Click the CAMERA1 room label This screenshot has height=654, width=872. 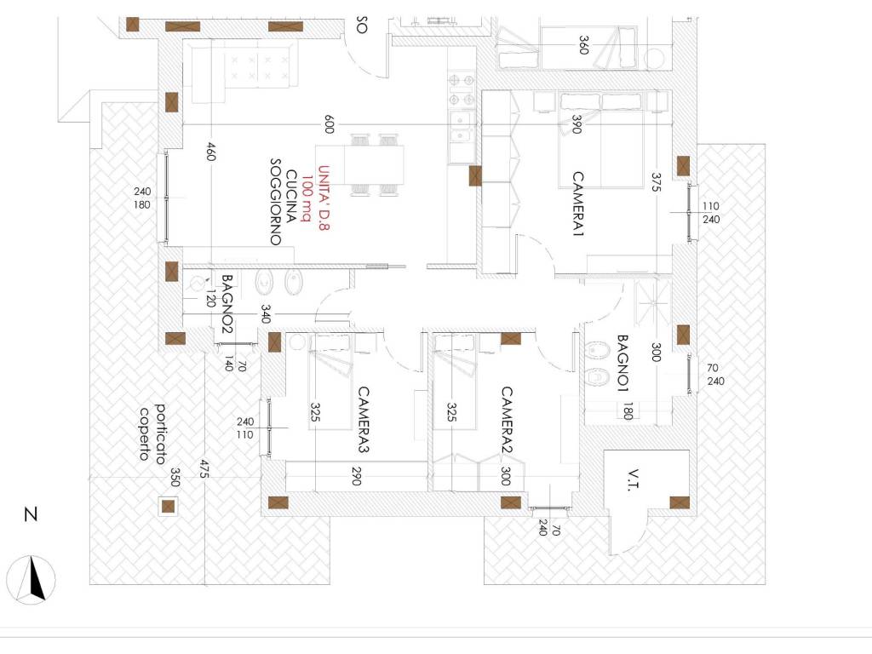pyautogui.click(x=578, y=204)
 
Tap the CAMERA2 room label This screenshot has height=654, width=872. pyautogui.click(x=507, y=421)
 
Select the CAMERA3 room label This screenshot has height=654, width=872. pyautogui.click(x=363, y=420)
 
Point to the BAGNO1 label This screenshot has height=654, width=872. pyautogui.click(x=622, y=364)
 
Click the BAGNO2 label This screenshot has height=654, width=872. pyautogui.click(x=227, y=304)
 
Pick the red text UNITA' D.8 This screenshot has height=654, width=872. pyautogui.click(x=324, y=198)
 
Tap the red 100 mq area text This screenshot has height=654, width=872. pyautogui.click(x=307, y=198)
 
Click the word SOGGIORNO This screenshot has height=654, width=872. pyautogui.click(x=276, y=202)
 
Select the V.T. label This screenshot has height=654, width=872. pyautogui.click(x=633, y=480)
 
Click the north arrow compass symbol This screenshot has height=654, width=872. pyautogui.click(x=32, y=579)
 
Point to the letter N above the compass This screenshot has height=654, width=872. pyautogui.click(x=32, y=513)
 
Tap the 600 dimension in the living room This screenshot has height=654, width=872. pyautogui.click(x=330, y=124)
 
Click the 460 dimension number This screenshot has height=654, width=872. pyautogui.click(x=210, y=152)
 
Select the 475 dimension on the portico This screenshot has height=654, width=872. pyautogui.click(x=204, y=469)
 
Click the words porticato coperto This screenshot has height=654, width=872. pyautogui.click(x=152, y=433)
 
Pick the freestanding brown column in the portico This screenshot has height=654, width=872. pyautogui.click(x=168, y=506)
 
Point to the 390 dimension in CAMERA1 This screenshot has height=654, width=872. pyautogui.click(x=577, y=124)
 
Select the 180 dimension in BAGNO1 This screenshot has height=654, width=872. pyautogui.click(x=628, y=411)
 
